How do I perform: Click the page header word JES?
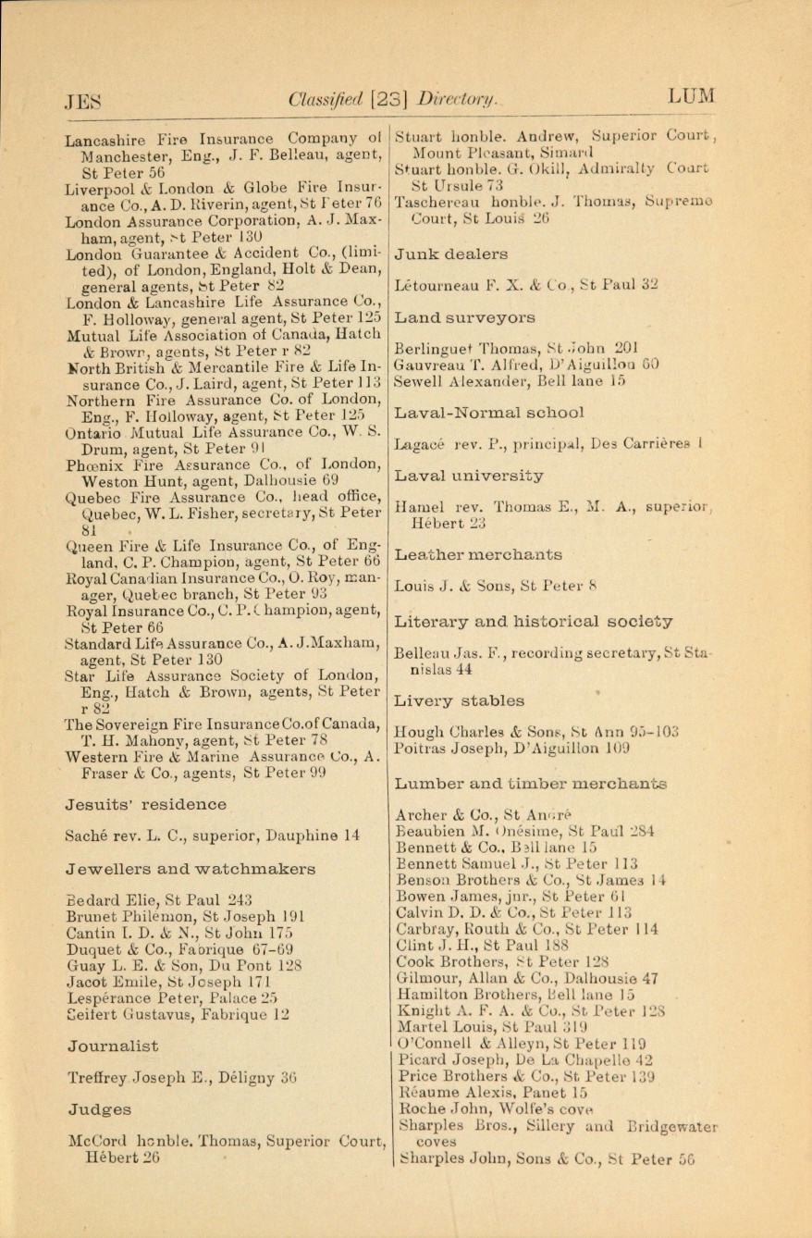tap(82, 99)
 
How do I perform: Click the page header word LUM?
tap(693, 96)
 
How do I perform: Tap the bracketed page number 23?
tap(389, 98)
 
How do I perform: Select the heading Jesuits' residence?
tap(145, 805)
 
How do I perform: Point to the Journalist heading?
tap(112, 1046)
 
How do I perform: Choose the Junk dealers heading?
tap(450, 254)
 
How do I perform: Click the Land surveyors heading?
tap(464, 318)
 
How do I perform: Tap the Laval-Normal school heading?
tap(489, 413)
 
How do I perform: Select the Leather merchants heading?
tap(477, 555)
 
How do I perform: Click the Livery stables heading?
tap(459, 701)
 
